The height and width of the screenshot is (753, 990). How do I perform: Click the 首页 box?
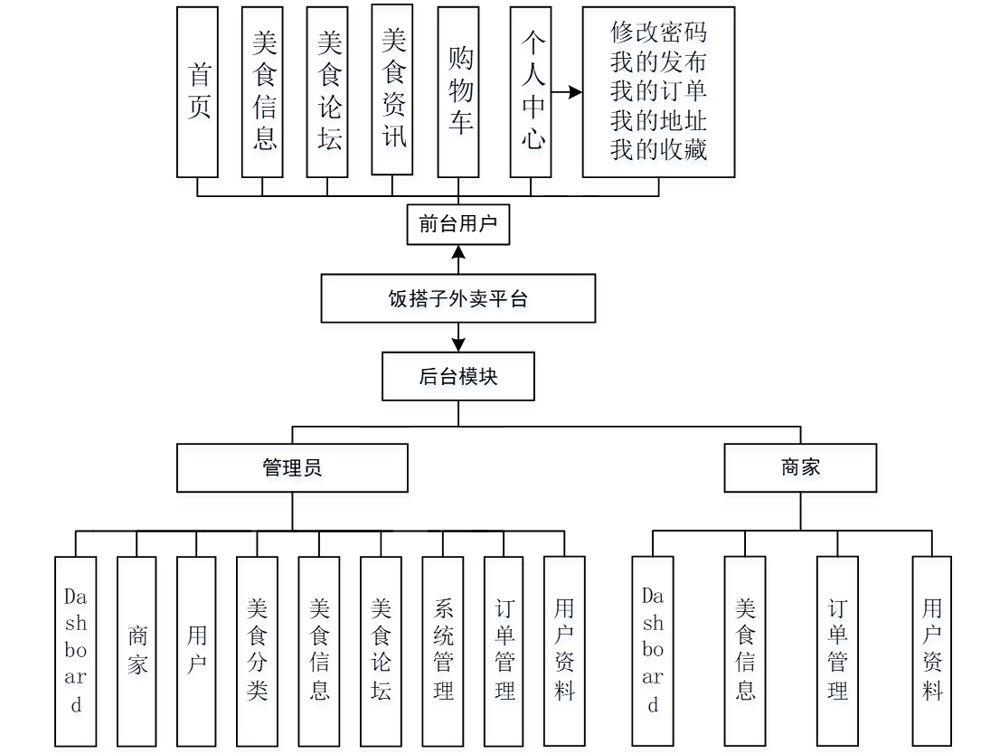tap(197, 92)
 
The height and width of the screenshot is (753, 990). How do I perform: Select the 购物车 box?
tap(458, 92)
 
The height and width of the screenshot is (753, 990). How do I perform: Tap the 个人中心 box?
tap(531, 92)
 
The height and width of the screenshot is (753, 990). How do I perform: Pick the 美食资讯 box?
tap(392, 90)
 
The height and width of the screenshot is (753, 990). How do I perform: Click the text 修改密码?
tap(658, 33)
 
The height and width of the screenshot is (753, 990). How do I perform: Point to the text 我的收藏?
tap(658, 149)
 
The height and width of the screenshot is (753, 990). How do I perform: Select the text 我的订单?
tap(658, 91)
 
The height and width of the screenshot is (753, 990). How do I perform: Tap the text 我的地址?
tap(658, 120)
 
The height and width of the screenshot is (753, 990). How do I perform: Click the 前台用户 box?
tap(458, 223)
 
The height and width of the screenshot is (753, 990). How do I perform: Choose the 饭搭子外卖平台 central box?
tap(458, 299)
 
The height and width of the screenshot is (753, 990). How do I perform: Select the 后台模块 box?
tap(458, 377)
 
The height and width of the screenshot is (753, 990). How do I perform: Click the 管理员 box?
tap(292, 467)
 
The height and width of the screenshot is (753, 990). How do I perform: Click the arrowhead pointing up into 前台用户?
tap(458, 252)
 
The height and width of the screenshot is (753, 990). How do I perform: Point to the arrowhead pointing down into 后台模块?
tap(458, 344)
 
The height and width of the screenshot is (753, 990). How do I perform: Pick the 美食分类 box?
tap(257, 651)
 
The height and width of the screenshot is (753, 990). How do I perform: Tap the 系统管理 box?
tap(443, 651)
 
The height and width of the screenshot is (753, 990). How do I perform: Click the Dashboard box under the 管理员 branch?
tap(75, 651)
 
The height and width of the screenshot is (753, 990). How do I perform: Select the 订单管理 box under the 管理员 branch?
tap(504, 651)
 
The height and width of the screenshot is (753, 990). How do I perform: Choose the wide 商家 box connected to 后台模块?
tap(800, 467)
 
